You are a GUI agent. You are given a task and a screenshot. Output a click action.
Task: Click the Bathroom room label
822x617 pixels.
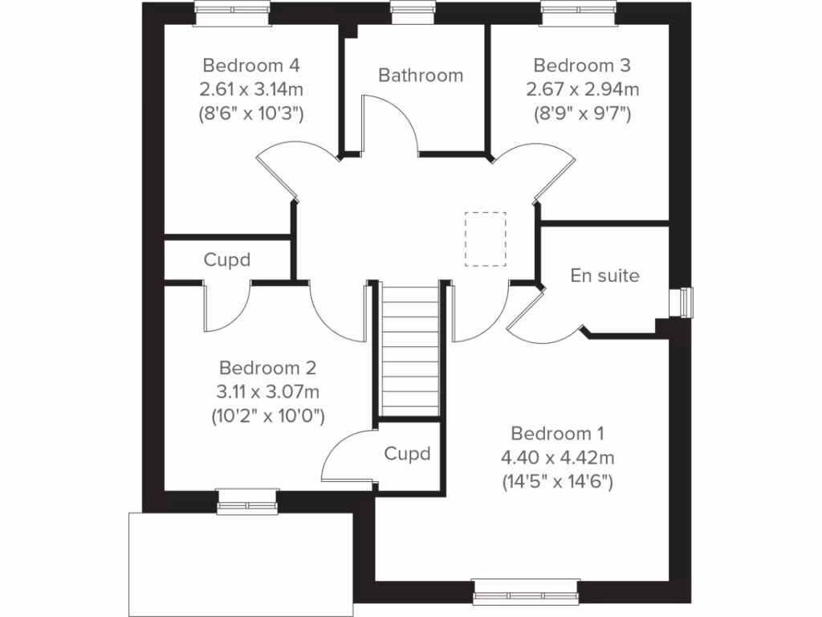click(421, 76)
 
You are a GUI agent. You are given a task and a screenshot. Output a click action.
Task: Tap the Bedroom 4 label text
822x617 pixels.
click(251, 65)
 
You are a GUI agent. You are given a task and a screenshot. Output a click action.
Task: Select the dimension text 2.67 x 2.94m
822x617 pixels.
click(582, 89)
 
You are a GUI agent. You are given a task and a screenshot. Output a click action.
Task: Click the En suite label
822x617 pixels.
click(605, 276)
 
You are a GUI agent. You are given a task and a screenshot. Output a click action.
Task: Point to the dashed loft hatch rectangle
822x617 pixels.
click(486, 238)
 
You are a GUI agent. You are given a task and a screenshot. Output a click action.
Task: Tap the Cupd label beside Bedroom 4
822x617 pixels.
click(226, 259)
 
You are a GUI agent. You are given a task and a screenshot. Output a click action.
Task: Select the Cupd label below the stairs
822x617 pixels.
click(407, 453)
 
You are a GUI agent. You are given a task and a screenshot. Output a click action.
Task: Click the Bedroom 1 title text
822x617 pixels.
click(557, 434)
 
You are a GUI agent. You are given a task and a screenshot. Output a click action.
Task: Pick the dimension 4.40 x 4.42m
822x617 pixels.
click(557, 458)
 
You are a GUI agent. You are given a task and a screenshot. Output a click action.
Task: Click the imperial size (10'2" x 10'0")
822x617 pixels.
click(267, 416)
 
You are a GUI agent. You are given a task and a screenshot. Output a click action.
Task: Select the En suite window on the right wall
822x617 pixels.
click(683, 302)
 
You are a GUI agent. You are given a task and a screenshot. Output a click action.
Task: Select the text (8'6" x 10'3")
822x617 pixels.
click(251, 113)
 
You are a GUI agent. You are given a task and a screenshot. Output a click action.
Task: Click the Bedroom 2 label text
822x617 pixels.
click(267, 368)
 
